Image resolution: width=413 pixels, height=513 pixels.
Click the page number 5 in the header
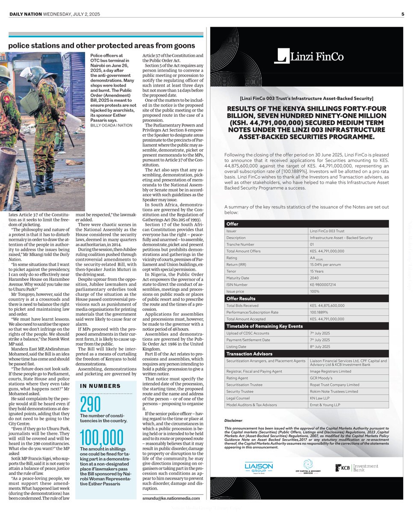click(403, 14)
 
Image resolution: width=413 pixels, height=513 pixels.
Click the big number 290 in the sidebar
click(91, 404)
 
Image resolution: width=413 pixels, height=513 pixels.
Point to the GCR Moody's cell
click(322, 377)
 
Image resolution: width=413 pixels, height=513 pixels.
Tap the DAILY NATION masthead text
click(26, 14)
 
